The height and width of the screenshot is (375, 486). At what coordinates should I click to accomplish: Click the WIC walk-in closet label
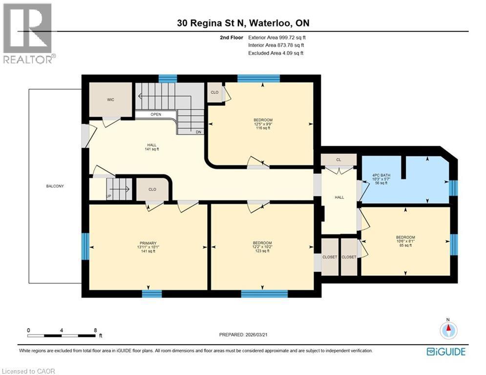tap(110, 100)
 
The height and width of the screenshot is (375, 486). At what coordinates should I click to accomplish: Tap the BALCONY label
tap(55, 186)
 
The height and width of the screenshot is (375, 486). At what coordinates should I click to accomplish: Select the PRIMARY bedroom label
tap(148, 243)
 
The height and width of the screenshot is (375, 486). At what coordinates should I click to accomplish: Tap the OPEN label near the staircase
tap(156, 115)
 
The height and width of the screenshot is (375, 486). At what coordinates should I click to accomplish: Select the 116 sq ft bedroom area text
tap(263, 128)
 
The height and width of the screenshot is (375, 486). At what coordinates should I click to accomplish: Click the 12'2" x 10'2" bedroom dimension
tap(262, 247)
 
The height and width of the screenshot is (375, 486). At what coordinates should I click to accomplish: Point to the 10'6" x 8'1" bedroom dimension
tap(405, 241)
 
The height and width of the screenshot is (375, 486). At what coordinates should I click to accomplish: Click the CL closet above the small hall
tap(338, 160)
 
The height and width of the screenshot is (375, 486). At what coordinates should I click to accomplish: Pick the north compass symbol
tap(447, 330)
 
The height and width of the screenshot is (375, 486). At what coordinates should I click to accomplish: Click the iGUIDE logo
tap(445, 352)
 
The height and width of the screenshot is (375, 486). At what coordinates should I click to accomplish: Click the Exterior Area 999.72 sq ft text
tap(277, 37)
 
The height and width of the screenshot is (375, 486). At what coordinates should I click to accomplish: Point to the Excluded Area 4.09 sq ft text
tap(275, 53)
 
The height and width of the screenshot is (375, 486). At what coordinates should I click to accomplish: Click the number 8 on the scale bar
tap(95, 330)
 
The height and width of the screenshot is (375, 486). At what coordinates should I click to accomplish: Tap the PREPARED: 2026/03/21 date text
tap(244, 334)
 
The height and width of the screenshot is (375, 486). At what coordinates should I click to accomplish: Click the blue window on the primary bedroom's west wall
tap(85, 246)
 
